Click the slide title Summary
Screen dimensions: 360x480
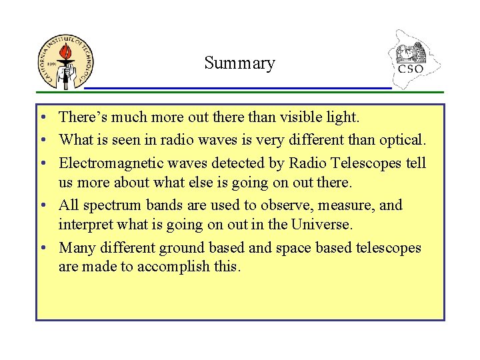(239, 63)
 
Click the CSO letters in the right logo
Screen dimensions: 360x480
(411, 69)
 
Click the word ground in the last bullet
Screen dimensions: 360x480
(181, 248)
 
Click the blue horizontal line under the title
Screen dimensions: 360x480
(237, 88)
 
